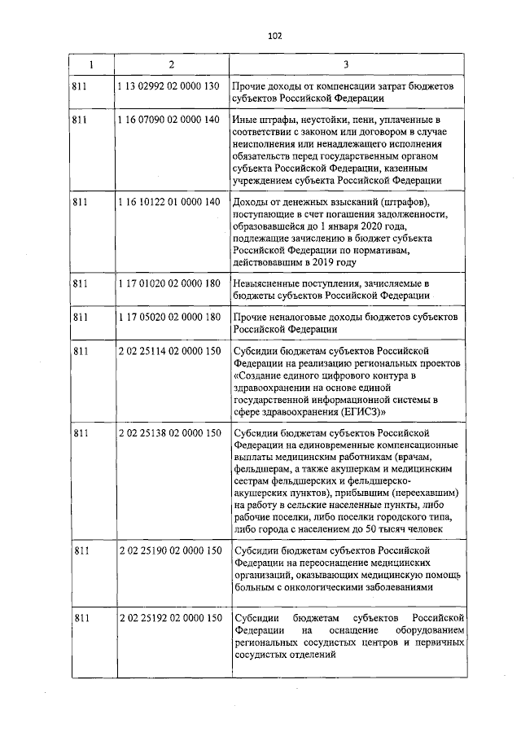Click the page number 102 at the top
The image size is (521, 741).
point(274,35)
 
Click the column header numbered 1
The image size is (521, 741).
point(90,64)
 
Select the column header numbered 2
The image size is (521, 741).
point(170,64)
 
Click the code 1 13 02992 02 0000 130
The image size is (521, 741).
point(169,85)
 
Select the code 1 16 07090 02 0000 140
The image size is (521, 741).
point(169,120)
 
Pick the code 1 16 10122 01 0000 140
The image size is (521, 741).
point(169,201)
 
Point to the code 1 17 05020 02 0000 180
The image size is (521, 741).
point(169,317)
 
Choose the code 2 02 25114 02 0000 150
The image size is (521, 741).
point(169,351)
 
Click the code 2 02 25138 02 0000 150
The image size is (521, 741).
point(169,432)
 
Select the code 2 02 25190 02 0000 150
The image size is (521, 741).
point(169,551)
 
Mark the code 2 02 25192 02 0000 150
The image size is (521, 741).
point(169,620)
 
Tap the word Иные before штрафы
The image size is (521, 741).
point(244,120)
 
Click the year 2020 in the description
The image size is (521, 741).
point(366,226)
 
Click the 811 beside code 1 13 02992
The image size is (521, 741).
point(80,85)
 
